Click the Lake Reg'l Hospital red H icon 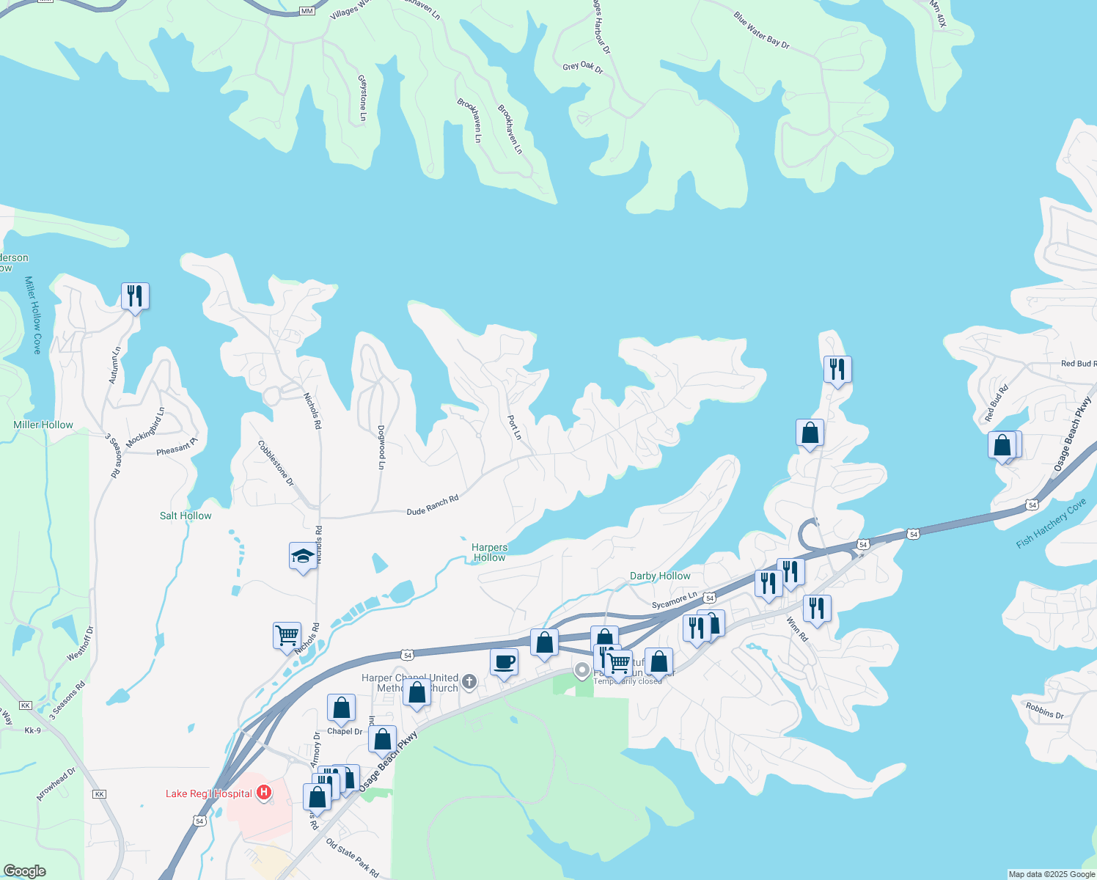pos(264,793)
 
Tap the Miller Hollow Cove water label pos(33,315)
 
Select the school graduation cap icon pos(303,557)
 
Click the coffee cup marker pos(504,662)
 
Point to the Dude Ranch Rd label pos(433,505)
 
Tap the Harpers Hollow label pos(489,552)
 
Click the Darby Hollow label pos(660,576)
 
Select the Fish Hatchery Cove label pos(1051,524)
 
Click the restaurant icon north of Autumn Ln pos(135,296)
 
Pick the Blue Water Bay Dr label pos(762,30)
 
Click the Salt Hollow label pos(186,516)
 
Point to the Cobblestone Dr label pos(276,463)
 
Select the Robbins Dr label pos(1045,710)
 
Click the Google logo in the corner pos(25,871)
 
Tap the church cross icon pos(469,683)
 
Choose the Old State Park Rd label pos(353,858)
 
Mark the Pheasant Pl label pos(177,447)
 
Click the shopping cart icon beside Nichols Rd pos(287,634)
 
